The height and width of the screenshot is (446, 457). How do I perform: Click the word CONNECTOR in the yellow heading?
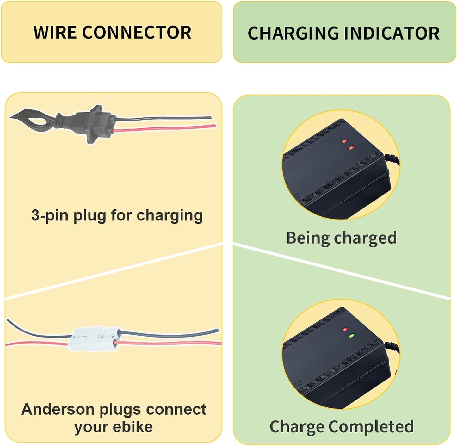[x=137, y=32]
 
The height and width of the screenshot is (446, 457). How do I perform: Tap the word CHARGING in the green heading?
[x=293, y=33]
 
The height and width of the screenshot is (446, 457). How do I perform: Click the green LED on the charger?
[x=351, y=336]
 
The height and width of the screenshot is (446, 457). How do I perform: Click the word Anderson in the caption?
[x=58, y=409]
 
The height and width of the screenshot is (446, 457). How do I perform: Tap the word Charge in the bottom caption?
[x=297, y=426]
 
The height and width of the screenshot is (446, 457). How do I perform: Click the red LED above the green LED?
[x=345, y=330]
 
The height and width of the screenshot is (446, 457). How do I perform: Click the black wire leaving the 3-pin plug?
[x=164, y=118]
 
